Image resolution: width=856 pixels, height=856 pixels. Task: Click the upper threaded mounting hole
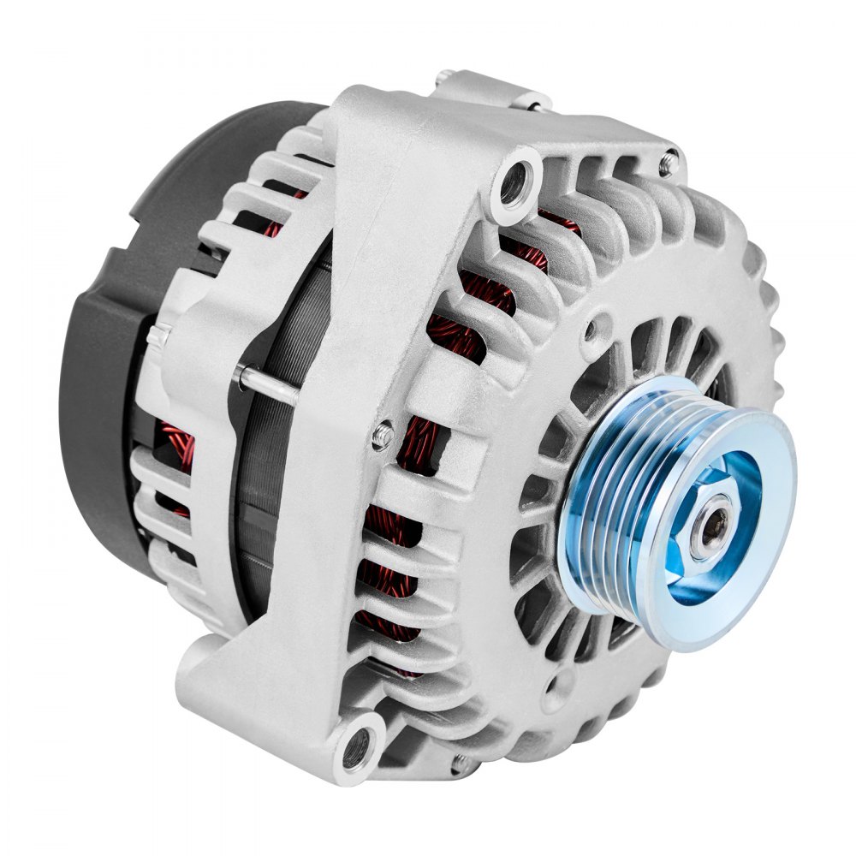514,182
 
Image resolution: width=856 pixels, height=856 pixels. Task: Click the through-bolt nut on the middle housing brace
383,436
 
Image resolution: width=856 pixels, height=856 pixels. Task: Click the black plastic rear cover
111,342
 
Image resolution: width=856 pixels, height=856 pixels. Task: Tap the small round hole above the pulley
599,325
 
